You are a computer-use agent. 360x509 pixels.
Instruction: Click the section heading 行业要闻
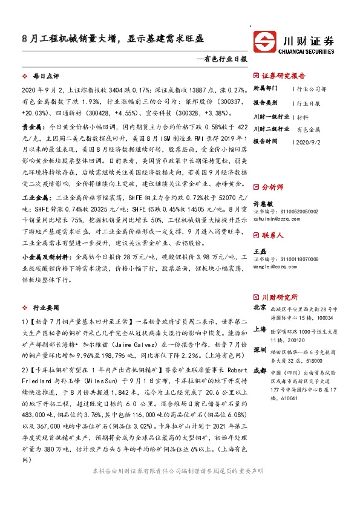46,308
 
